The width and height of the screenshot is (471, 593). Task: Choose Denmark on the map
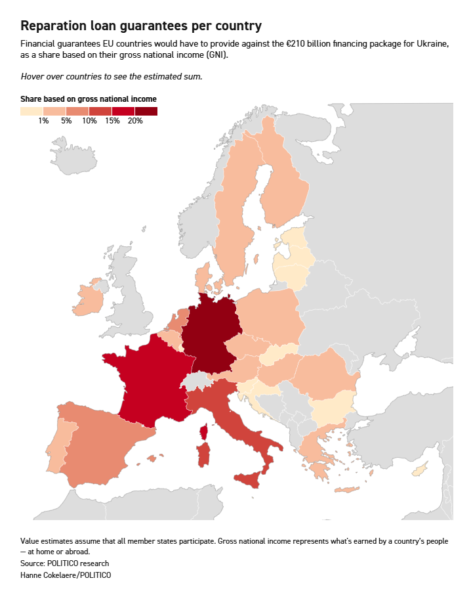pos(203,278)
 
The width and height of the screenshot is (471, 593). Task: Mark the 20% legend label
pos(135,121)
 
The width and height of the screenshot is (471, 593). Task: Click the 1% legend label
pos(44,121)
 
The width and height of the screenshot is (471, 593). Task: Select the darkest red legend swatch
pos(146,111)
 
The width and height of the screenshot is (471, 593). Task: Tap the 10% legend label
pos(89,121)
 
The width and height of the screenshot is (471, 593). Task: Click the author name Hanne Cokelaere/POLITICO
pos(66,575)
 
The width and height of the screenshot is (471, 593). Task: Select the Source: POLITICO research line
pos(65,563)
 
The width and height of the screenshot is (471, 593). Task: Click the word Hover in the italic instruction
pos(33,76)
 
